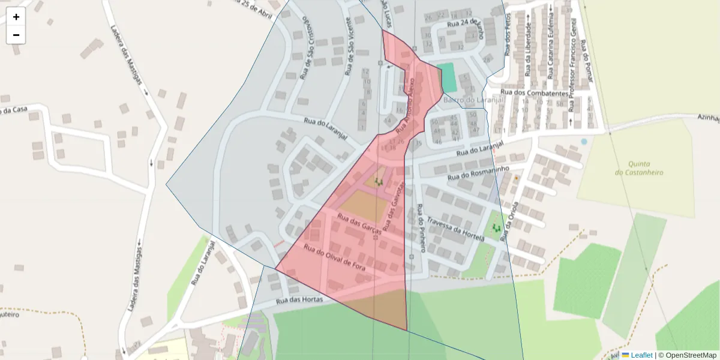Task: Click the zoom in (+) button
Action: (x=16, y=17)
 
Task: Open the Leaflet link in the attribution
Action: (x=641, y=355)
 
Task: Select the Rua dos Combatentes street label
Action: (x=533, y=93)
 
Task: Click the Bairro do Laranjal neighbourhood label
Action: (x=473, y=100)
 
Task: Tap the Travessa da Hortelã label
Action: (x=455, y=229)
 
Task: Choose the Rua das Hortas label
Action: (x=299, y=299)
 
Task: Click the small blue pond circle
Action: (x=584, y=142)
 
